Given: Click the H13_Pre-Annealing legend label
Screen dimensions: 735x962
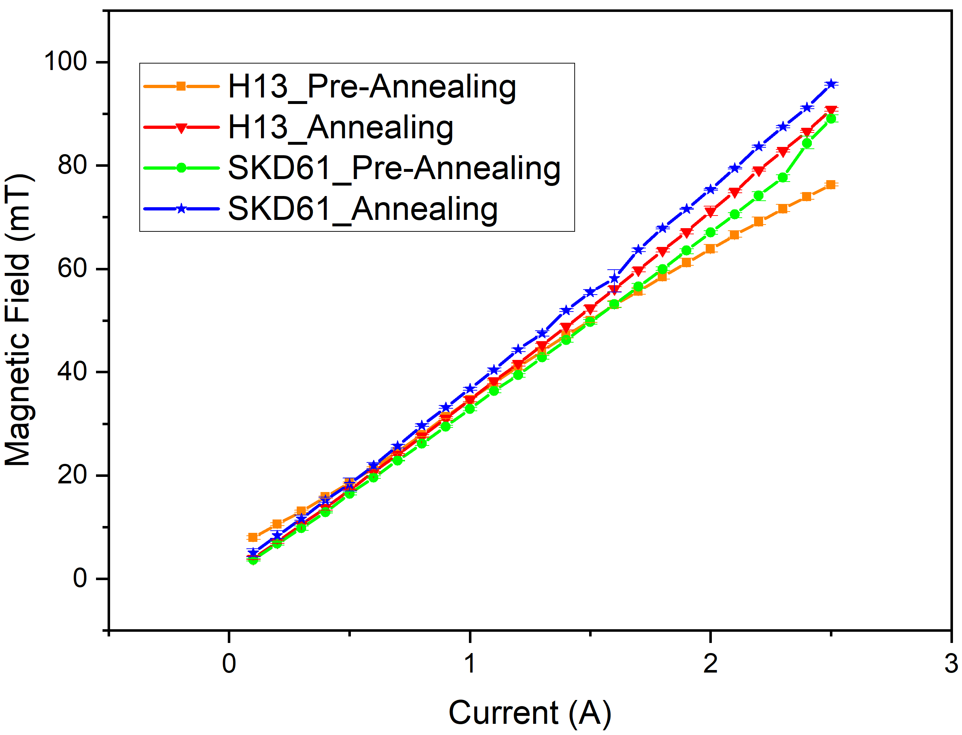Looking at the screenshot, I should coord(372,86).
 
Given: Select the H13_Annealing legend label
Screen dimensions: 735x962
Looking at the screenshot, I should coord(340,127).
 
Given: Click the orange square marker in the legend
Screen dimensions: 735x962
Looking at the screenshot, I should coord(181,86).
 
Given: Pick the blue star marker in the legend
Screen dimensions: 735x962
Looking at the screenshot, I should coord(181,209).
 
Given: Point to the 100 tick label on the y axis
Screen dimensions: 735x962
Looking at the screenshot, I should coord(66,61).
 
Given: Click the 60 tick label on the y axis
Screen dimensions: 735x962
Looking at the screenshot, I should coord(73,268).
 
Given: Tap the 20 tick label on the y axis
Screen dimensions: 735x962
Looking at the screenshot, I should coord(73,475).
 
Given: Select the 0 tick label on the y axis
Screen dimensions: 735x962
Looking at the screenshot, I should coord(80,578).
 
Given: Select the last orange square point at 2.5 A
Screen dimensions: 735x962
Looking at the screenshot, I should coord(831,184).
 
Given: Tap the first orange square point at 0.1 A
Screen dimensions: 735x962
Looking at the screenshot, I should coord(253,537).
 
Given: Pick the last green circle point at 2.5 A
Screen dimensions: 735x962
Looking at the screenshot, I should coord(831,118).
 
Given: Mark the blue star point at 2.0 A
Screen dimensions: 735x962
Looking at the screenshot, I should coord(710,190).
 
